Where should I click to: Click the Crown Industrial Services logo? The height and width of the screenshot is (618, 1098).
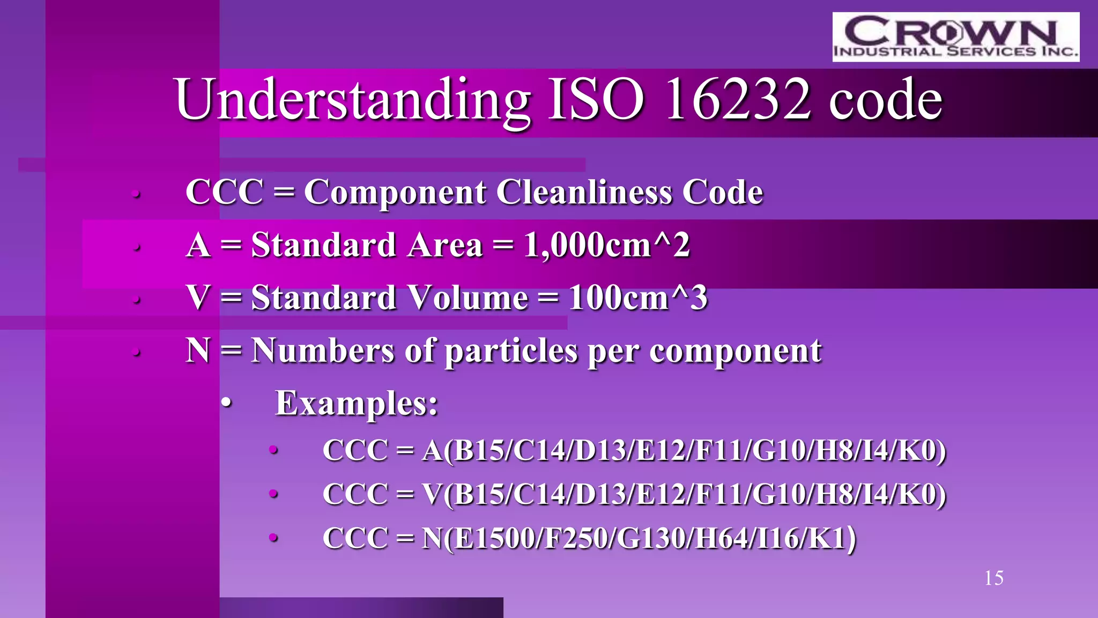[x=955, y=36]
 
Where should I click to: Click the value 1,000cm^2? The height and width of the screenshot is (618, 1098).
[x=606, y=245]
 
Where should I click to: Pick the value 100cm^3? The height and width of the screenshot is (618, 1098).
[x=638, y=298]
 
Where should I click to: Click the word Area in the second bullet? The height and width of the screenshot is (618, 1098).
[x=444, y=245]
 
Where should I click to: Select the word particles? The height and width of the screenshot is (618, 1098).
[x=512, y=351]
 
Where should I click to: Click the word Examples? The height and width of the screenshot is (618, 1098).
[x=357, y=403]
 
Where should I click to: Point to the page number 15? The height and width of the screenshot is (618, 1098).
[x=993, y=578]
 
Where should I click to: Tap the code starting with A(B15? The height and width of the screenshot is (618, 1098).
[x=684, y=451]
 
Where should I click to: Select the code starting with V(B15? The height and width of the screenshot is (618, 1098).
[x=684, y=495]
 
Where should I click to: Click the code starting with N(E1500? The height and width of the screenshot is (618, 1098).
[x=639, y=539]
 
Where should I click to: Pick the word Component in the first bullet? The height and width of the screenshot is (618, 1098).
[x=395, y=193]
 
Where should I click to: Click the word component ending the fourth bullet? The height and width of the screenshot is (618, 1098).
[x=735, y=351]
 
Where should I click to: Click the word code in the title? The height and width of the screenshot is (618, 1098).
[x=885, y=101]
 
